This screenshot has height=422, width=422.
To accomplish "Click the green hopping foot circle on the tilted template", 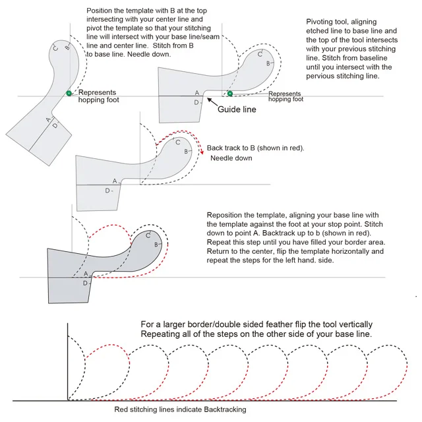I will click(x=69, y=93).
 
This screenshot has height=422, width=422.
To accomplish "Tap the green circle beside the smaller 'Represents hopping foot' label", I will click(x=229, y=94).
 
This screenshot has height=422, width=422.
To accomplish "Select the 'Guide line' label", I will click(x=237, y=109).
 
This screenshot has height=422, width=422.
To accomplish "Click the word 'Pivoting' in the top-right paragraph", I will click(x=322, y=22).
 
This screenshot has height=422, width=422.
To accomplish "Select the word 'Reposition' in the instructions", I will click(x=226, y=216).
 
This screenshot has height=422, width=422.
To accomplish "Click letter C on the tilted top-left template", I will click(x=55, y=48).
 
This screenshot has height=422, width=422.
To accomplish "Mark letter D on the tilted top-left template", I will click(x=55, y=125).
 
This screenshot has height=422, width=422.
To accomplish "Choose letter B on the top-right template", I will click(x=268, y=63).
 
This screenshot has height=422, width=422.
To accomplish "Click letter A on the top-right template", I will click(x=196, y=94).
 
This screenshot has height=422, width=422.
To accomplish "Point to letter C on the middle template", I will click(x=177, y=142).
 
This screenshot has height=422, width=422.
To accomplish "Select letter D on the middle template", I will click(x=107, y=191).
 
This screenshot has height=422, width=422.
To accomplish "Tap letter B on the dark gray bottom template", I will click(x=156, y=245).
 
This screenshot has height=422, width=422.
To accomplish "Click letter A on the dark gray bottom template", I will click(x=85, y=274).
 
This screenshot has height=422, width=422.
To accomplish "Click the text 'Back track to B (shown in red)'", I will click(x=255, y=148).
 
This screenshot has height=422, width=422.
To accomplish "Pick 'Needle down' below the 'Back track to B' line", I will click(x=231, y=158).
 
